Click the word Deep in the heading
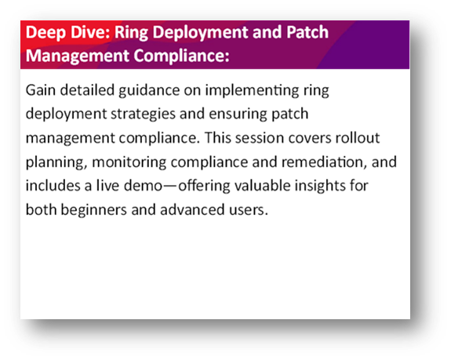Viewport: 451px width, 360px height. pyautogui.click(x=45, y=32)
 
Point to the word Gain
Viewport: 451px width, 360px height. pyautogui.click(x=41, y=90)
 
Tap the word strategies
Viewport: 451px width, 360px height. pyautogui.click(x=144, y=115)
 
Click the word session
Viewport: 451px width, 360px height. pyautogui.click(x=260, y=138)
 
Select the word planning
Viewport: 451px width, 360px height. pyautogui.click(x=56, y=162)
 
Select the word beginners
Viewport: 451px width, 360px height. pyautogui.click(x=94, y=210)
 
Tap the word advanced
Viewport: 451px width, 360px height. pyautogui.click(x=192, y=209)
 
